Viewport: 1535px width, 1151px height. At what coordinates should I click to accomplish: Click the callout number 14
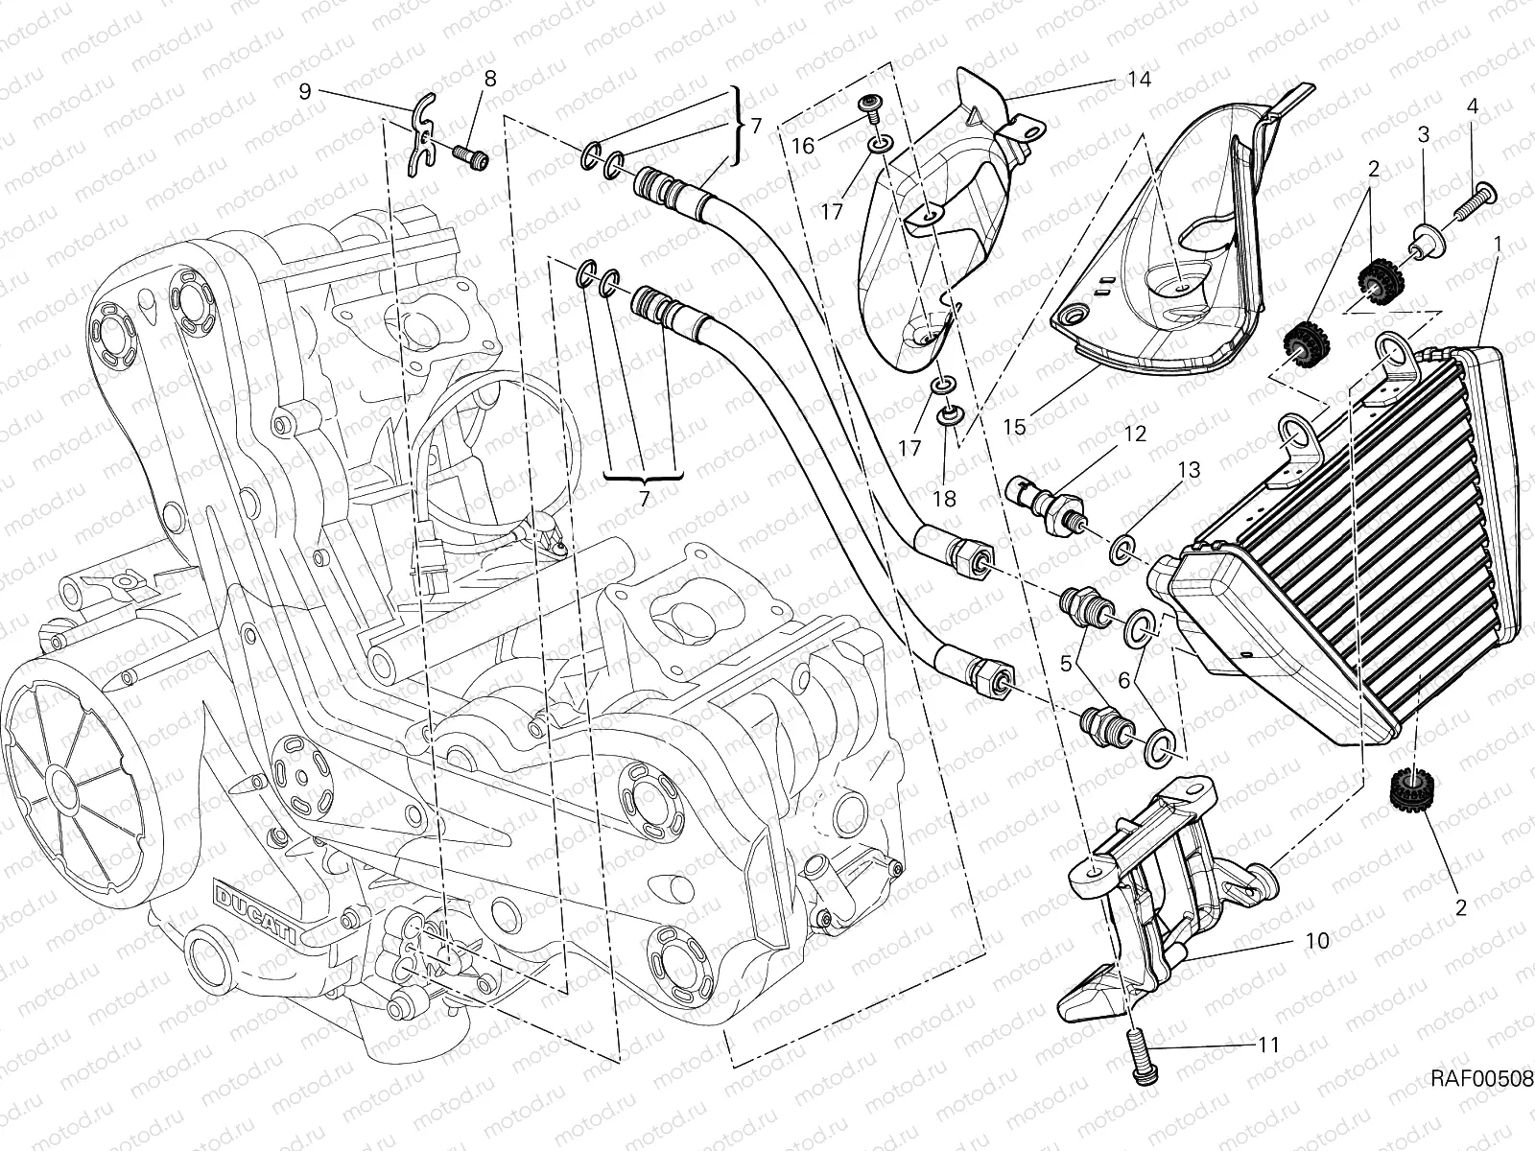[1138, 79]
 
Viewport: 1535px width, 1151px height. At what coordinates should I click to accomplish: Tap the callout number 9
[306, 91]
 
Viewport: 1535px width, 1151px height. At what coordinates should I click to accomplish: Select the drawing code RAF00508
[1481, 1079]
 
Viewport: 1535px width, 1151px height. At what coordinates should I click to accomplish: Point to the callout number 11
[1267, 1045]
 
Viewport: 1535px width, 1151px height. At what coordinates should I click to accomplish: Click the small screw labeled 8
[473, 154]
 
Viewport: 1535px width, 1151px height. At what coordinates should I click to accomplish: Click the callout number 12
[1135, 435]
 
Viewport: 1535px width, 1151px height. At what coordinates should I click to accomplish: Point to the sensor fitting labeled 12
[1045, 503]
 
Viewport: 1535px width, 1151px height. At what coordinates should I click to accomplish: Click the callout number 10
[1317, 941]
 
